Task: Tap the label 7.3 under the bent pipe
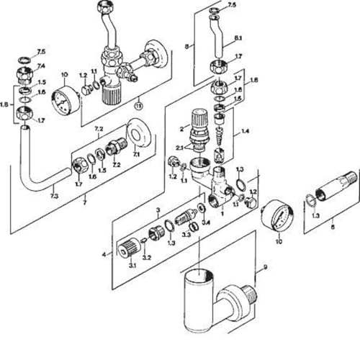55,197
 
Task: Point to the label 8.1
238,37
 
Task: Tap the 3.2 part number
147,257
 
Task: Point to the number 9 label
264,268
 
